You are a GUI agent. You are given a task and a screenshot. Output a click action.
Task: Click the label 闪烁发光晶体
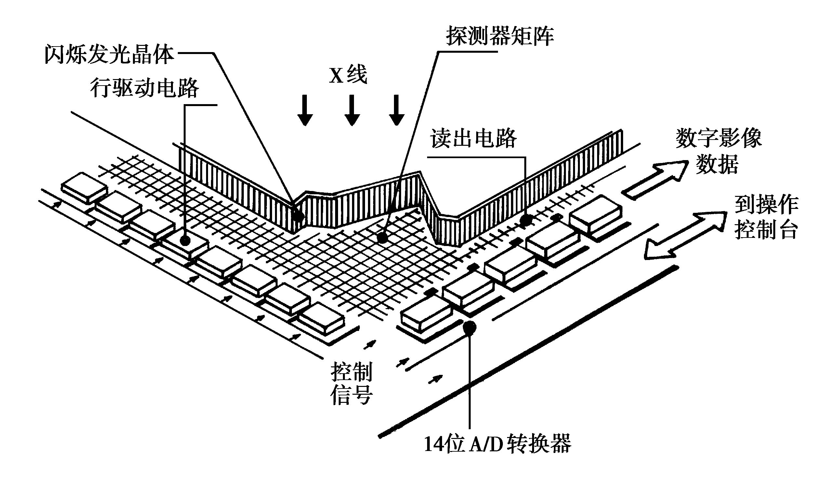[x=110, y=55]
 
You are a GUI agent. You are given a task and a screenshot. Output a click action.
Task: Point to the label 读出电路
[x=473, y=138]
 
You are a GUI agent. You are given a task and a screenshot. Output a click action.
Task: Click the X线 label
[x=348, y=75]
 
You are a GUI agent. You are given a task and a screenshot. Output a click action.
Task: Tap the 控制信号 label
[x=351, y=384]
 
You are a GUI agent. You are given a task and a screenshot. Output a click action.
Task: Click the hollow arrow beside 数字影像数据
[x=654, y=180]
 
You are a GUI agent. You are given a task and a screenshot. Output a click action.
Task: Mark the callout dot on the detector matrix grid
[x=383, y=237]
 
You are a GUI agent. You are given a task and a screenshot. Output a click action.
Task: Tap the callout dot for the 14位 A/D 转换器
[x=470, y=327]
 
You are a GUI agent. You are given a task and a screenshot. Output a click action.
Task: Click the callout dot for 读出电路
[x=526, y=220]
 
